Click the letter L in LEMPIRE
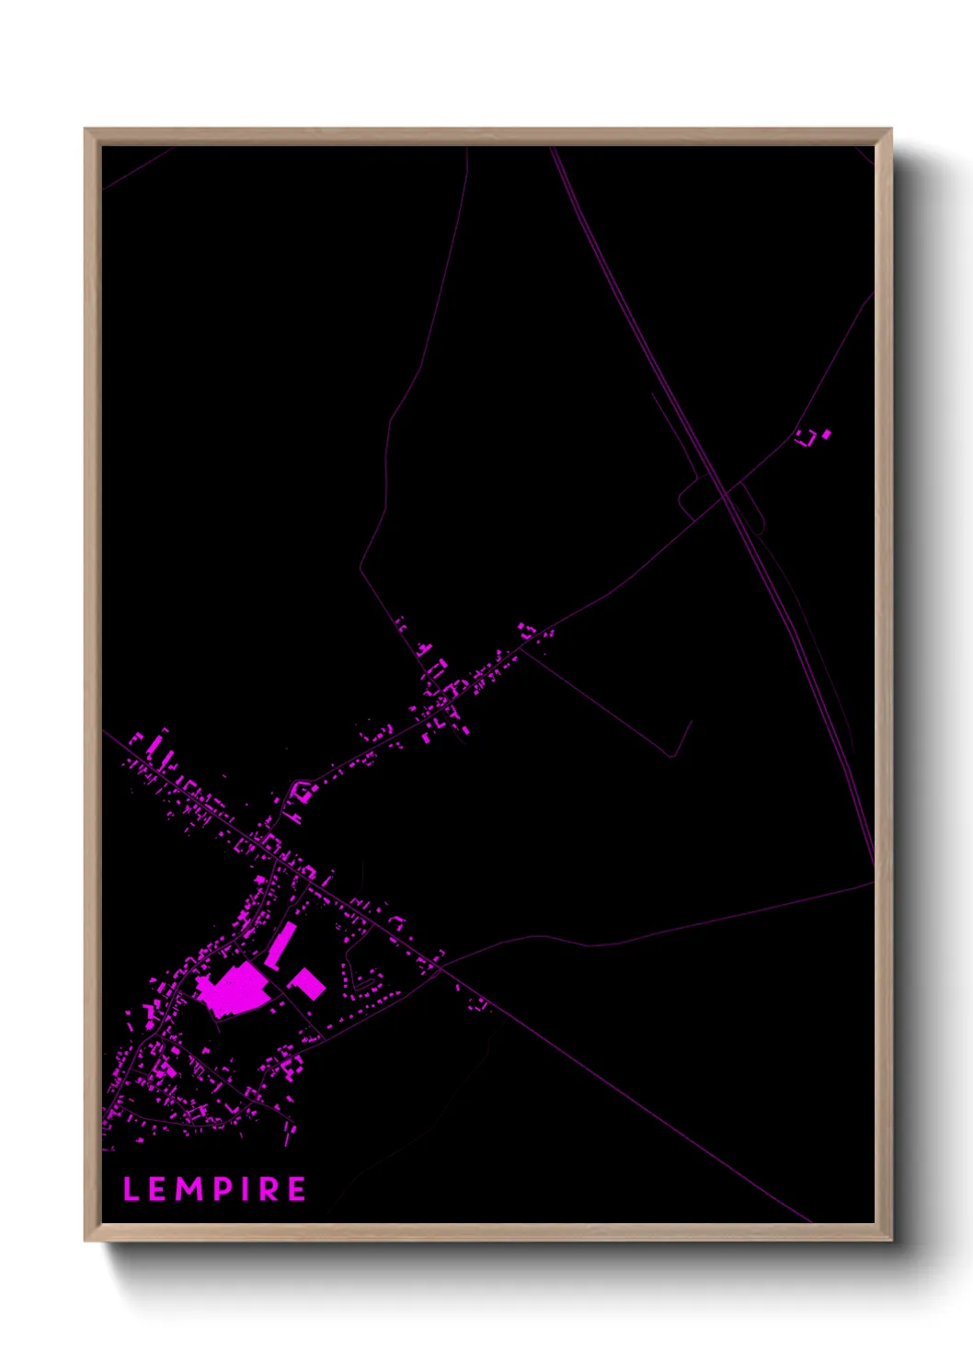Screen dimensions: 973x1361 (x=131, y=1189)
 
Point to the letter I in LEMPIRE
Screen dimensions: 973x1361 (x=242, y=1189)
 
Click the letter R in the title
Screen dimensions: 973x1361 (x=267, y=1189)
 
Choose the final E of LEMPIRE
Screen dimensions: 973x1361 (x=296, y=1189)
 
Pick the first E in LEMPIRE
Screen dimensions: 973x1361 (x=156, y=1189)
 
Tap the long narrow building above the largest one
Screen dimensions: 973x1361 (x=281, y=944)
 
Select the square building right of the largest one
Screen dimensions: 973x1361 (x=307, y=983)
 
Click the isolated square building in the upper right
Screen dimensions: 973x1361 (x=826, y=433)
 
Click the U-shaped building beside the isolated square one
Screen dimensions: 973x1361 (x=806, y=438)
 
